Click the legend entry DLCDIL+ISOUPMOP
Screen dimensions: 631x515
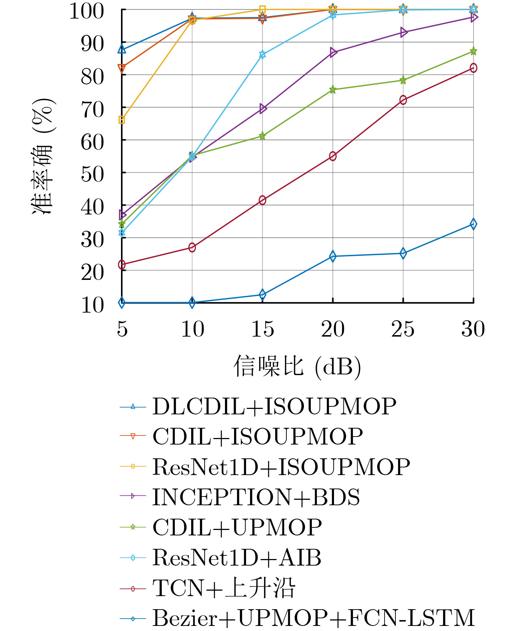click(x=274, y=406)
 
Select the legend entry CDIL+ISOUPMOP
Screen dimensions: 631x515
click(x=257, y=436)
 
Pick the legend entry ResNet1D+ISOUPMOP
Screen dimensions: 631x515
click(x=281, y=467)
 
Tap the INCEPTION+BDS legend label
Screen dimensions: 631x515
click(x=256, y=497)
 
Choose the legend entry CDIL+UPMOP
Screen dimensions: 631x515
click(x=237, y=527)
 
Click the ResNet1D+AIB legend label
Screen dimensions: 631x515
click(x=237, y=558)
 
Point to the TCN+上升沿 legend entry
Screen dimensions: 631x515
click(x=224, y=588)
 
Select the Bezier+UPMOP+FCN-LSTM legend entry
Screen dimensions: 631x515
click(x=313, y=618)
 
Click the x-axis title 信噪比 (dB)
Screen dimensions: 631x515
click(x=297, y=366)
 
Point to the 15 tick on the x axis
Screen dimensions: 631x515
click(x=262, y=329)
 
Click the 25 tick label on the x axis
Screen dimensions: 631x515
click(x=403, y=329)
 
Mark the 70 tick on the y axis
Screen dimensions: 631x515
click(x=92, y=109)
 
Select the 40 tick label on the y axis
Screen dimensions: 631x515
click(x=92, y=207)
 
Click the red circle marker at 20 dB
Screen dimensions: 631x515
click(x=333, y=156)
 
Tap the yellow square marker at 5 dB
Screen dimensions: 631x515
click(x=122, y=120)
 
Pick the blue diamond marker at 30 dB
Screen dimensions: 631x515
click(x=473, y=224)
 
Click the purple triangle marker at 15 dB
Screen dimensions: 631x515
click(x=263, y=108)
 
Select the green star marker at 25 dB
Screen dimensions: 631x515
click(x=403, y=80)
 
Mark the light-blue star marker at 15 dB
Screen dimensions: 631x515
click(x=262, y=55)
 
